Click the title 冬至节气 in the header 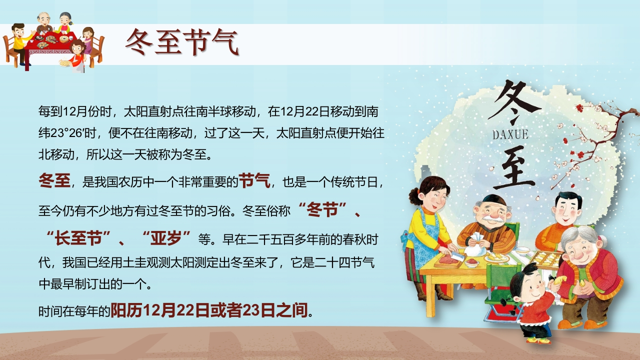coord(182,42)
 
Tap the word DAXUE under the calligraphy coord(510,134)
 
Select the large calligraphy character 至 coord(514,168)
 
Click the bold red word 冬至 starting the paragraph coord(54,181)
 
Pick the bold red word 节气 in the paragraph coord(254,181)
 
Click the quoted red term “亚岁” coord(166,238)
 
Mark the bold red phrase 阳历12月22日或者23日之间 coord(209,310)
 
